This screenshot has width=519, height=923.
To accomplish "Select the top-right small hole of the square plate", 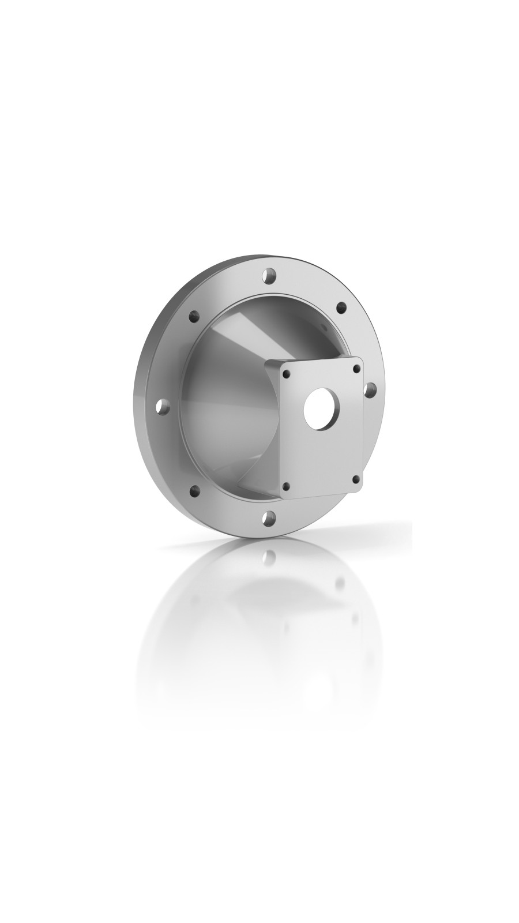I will [x=356, y=367].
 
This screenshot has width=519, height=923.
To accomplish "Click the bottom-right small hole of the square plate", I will [x=357, y=478].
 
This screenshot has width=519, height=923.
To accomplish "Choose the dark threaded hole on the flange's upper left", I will [x=194, y=316].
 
